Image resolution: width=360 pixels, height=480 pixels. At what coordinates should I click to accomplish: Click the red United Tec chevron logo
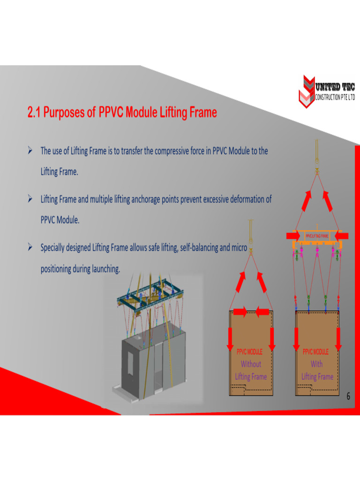[x=306, y=91]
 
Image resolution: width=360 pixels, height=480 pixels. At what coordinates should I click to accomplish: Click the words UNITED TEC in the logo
[x=335, y=87]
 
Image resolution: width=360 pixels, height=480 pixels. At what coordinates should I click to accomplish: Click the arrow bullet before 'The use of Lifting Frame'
[x=30, y=151]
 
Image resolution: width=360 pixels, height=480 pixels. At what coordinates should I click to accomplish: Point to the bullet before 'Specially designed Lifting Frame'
[x=30, y=247]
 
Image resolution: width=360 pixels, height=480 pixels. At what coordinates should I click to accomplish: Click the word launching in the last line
[x=105, y=269]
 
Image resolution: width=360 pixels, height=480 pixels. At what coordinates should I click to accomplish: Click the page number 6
[x=348, y=397]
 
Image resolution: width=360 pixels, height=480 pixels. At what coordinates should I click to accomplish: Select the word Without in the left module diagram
[x=251, y=364]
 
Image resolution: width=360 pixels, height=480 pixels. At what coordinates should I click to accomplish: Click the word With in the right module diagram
[x=317, y=364]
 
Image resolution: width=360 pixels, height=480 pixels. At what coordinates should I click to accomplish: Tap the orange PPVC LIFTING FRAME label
[x=317, y=236]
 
